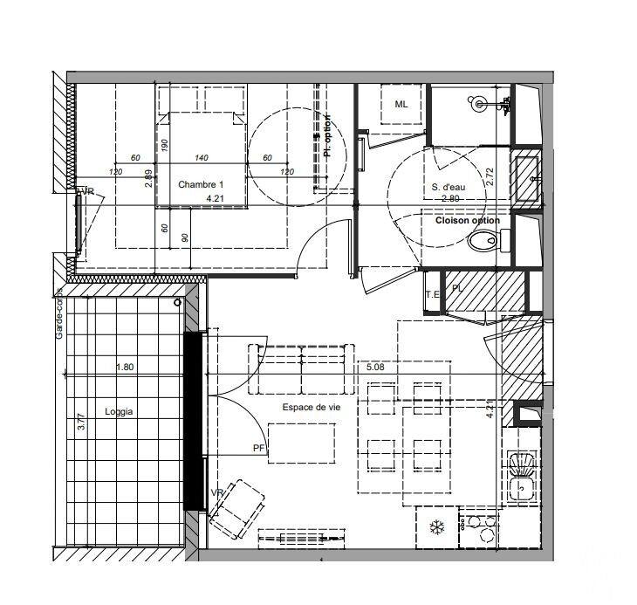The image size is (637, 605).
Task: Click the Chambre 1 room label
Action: tap(201, 184)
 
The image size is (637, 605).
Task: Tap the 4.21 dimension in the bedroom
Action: tap(215, 199)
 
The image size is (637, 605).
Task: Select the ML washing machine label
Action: tap(401, 105)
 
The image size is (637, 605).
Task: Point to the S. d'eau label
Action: tap(447, 187)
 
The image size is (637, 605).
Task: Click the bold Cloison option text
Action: tap(467, 220)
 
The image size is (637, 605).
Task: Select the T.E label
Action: tap(433, 295)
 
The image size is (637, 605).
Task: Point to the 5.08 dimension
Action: tap(376, 368)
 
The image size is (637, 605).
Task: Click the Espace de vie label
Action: tap(311, 408)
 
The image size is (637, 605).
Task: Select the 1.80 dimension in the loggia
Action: tap(126, 368)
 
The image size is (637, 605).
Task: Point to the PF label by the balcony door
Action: tap(258, 449)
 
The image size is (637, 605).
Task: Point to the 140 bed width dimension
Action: tap(201, 158)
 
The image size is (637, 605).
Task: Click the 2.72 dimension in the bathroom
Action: tap(490, 176)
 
